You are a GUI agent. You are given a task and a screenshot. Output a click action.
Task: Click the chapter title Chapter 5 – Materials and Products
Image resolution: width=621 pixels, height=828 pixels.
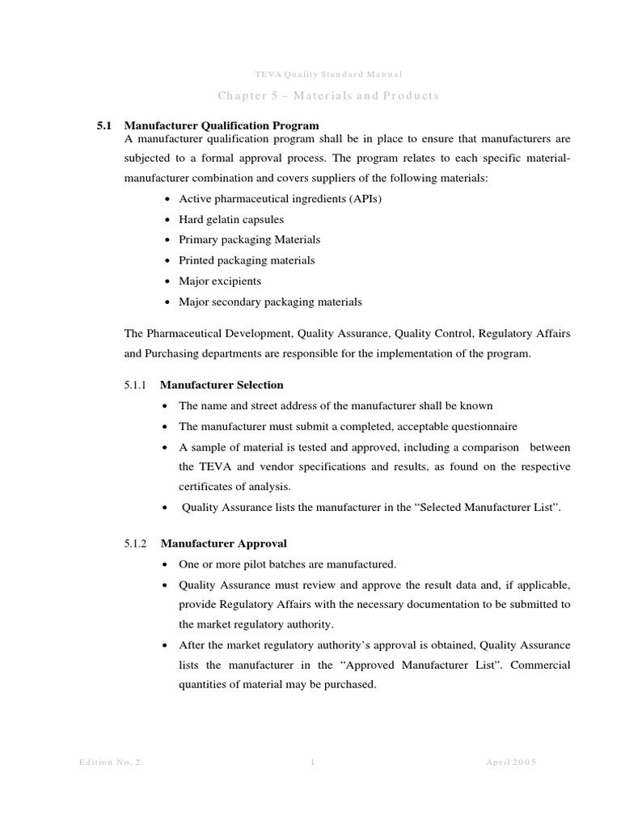(x=327, y=95)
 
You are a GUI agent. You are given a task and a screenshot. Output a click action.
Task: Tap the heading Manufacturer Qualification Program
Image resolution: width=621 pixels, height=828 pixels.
(x=222, y=125)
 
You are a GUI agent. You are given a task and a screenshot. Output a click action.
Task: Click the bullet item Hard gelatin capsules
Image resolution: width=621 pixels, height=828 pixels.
(x=231, y=219)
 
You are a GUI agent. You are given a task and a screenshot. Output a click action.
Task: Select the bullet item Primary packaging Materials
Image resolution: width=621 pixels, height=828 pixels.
(x=249, y=239)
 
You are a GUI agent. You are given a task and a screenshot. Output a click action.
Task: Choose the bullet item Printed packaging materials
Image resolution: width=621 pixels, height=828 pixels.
(x=247, y=260)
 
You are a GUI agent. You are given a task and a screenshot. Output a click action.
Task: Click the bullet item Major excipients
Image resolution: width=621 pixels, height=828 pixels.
(x=220, y=281)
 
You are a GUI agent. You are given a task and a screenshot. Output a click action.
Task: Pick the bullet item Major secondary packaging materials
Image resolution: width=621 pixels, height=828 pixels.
(x=270, y=302)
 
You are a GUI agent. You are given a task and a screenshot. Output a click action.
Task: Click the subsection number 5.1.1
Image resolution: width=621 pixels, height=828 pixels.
(x=135, y=385)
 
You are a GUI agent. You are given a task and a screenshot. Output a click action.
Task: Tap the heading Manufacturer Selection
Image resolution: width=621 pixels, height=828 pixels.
(x=222, y=385)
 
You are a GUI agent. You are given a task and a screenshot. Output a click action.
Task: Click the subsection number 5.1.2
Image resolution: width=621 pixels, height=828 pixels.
(x=135, y=543)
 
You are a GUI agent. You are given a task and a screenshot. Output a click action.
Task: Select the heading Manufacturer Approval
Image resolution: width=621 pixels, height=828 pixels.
(x=223, y=543)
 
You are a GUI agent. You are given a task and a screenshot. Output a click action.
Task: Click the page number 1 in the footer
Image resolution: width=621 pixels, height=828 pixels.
(x=312, y=763)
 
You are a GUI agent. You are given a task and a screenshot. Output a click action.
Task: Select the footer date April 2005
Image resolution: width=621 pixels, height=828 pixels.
(x=513, y=763)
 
